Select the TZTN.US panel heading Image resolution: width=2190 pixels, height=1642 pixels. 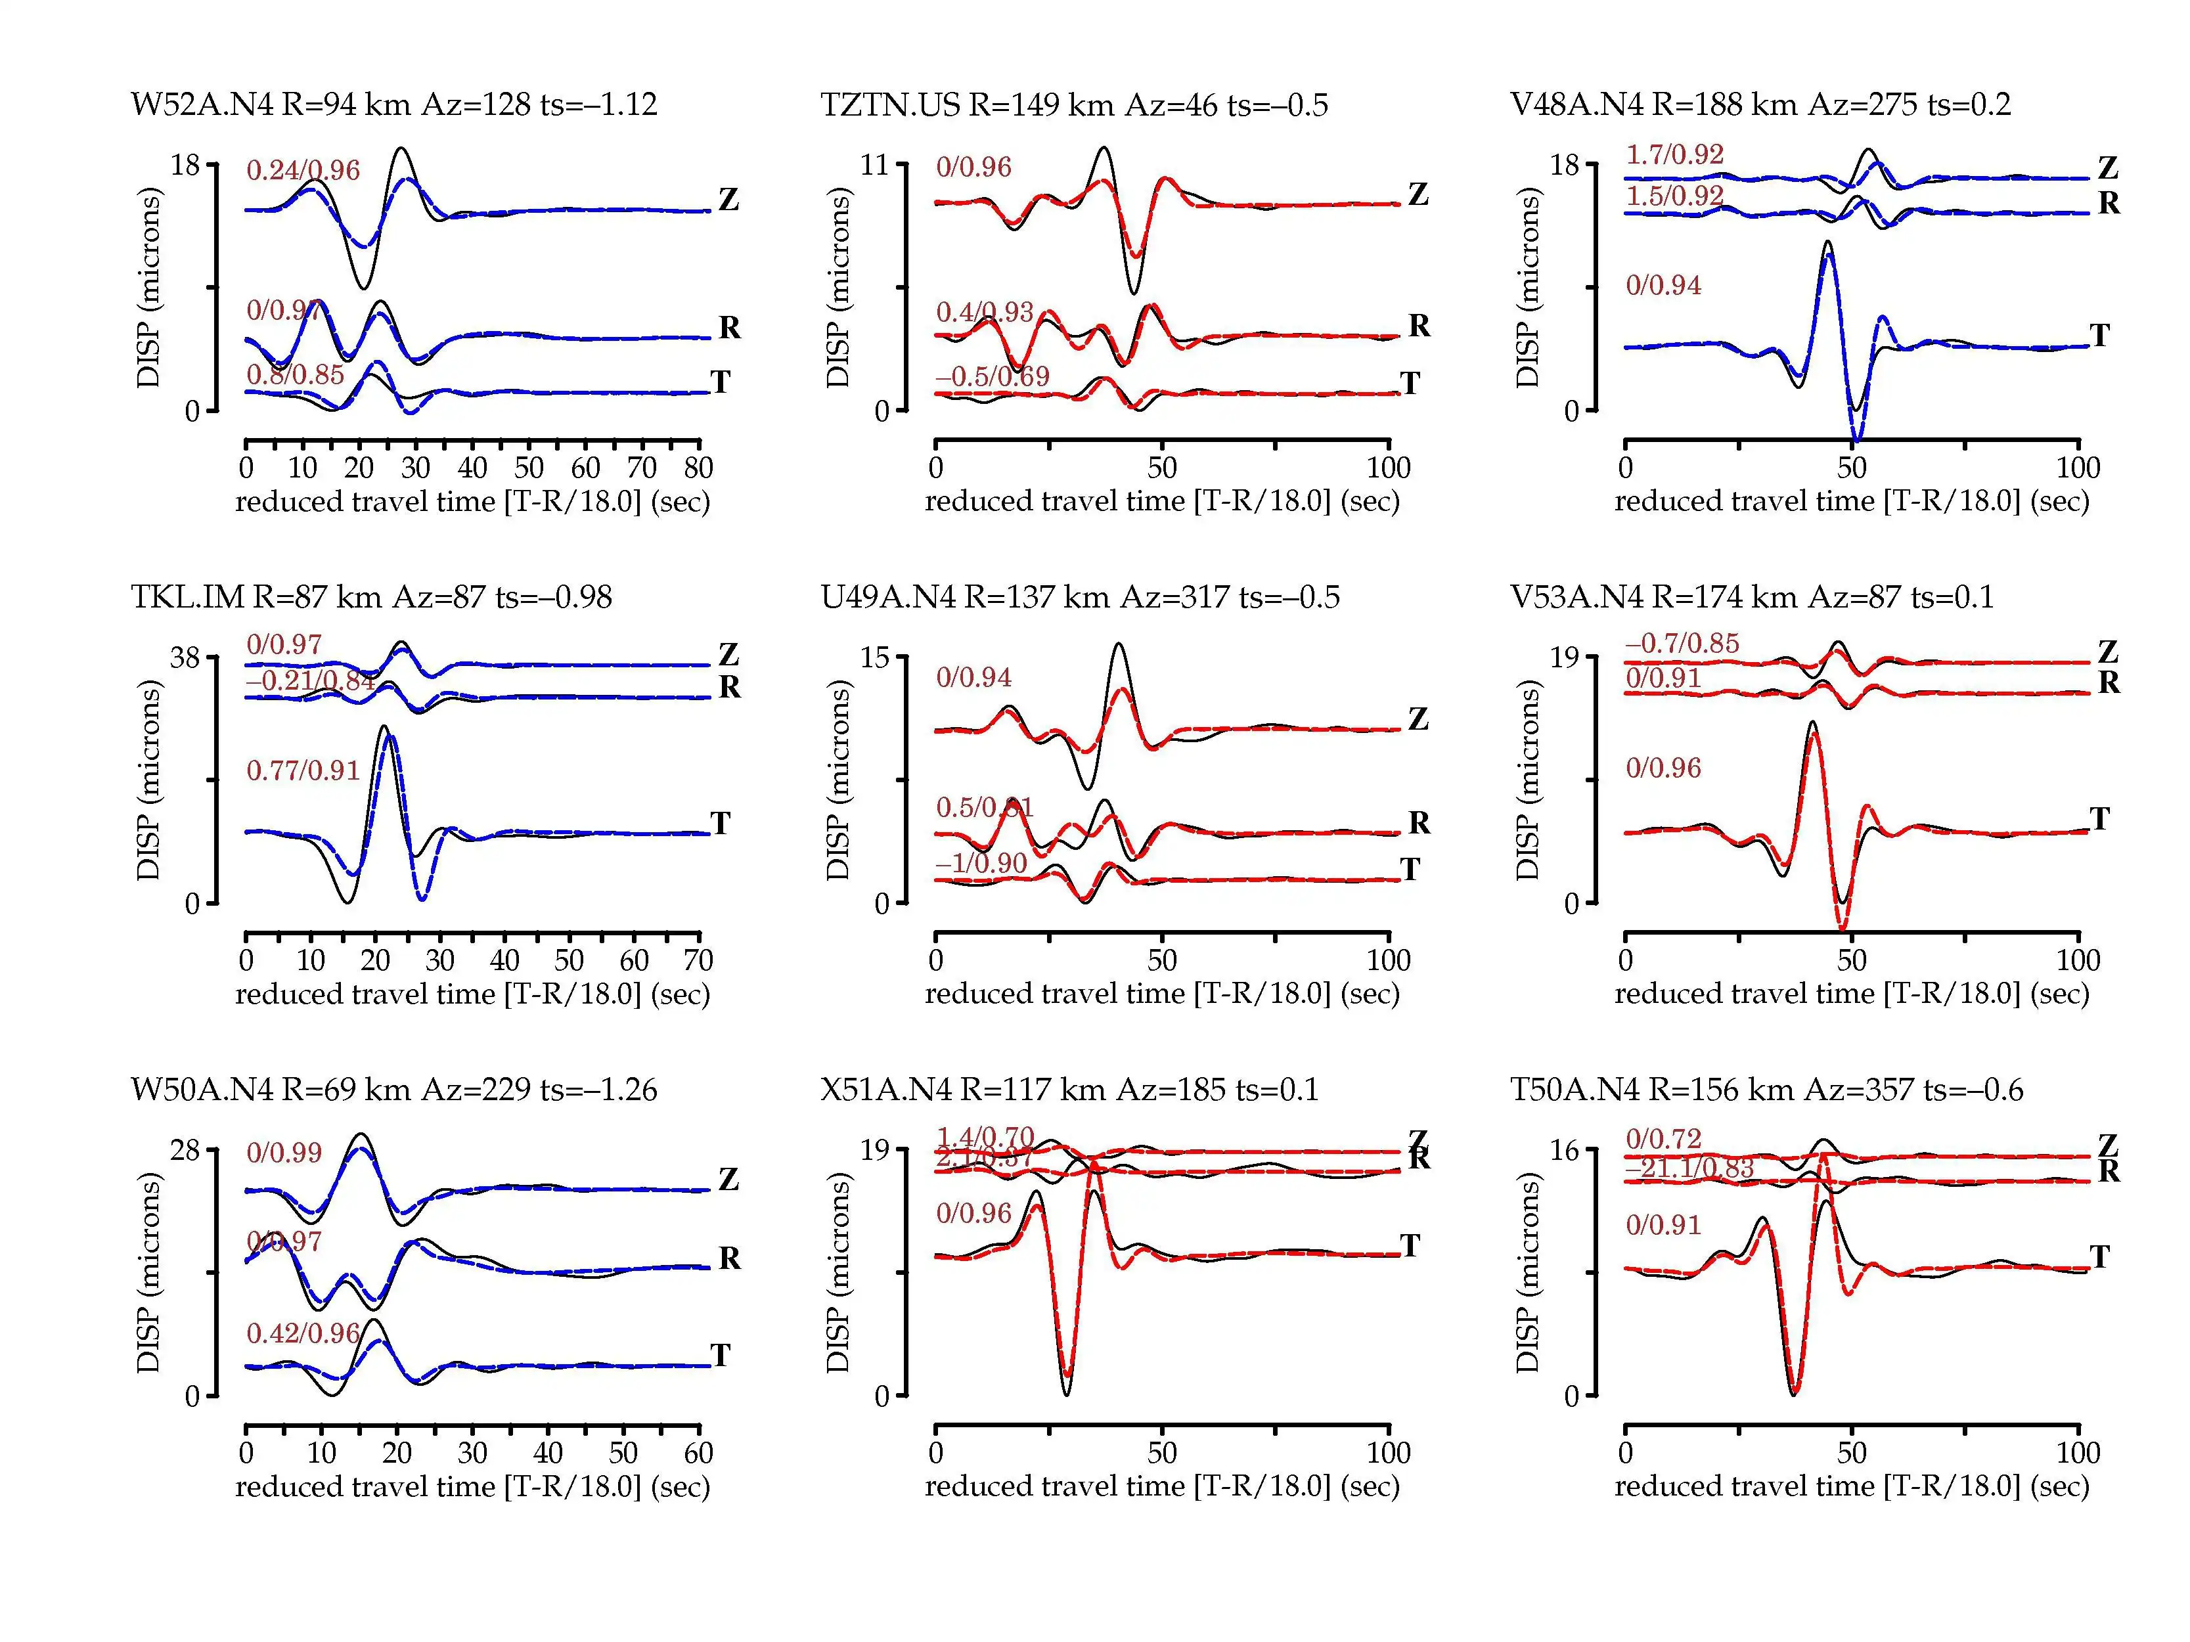point(1074,104)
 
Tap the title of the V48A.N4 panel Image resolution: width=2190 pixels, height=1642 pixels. point(1760,104)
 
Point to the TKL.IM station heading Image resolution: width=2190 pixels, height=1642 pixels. point(371,597)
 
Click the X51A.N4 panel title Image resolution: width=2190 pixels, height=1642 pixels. point(1069,1090)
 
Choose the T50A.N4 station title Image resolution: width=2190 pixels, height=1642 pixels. point(1766,1090)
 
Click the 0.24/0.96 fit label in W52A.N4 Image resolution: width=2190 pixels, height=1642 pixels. point(303,170)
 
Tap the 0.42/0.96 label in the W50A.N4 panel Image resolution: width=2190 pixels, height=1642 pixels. point(303,1333)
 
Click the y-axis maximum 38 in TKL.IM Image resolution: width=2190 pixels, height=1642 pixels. point(185,657)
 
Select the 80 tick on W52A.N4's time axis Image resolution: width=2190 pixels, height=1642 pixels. point(699,467)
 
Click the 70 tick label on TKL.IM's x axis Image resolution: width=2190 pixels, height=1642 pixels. point(698,960)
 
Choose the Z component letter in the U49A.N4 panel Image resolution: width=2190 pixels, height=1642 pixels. point(1419,720)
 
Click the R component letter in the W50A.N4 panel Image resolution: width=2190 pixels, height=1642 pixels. point(730,1258)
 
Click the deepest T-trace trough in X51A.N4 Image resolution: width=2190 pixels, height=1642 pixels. point(1066,1394)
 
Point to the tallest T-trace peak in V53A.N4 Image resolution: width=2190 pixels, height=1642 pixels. point(1812,724)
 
